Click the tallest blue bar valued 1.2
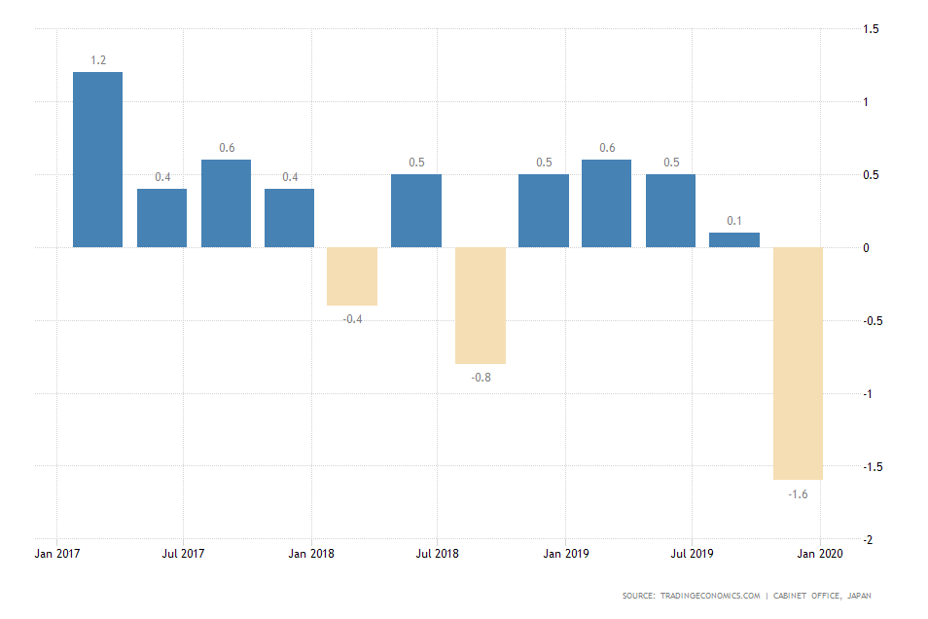click(98, 160)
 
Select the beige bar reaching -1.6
click(799, 363)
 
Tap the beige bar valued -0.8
click(481, 305)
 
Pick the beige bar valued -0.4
click(352, 276)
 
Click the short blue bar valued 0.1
click(734, 239)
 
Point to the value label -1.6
click(799, 494)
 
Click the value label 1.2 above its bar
click(98, 60)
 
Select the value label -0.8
click(481, 377)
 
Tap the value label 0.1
click(734, 221)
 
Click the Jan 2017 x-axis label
click(56, 554)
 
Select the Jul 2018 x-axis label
click(437, 554)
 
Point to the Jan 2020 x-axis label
click(821, 554)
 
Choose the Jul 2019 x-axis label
click(692, 554)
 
